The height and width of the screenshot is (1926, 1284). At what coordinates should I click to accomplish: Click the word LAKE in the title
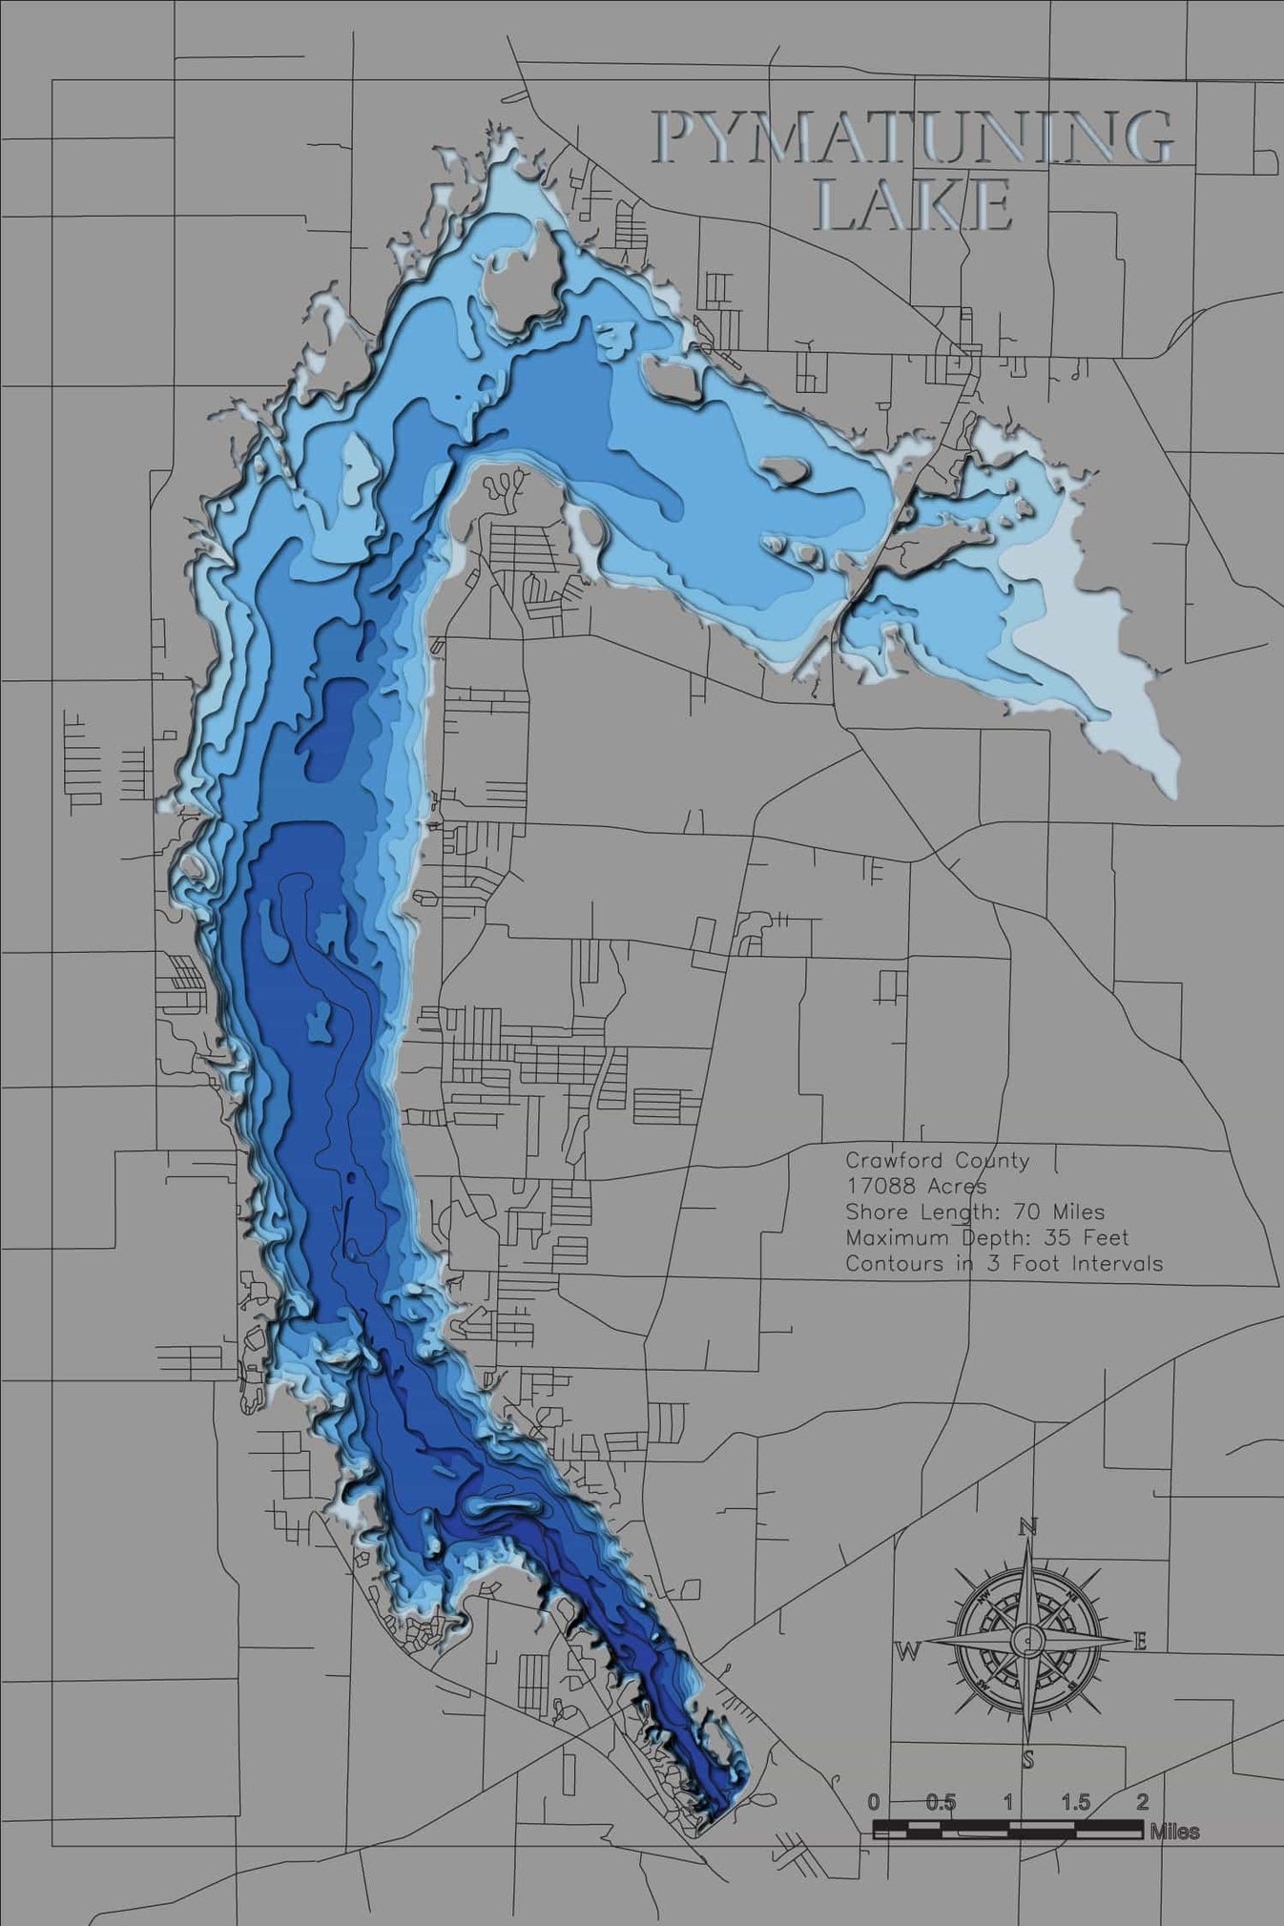(914, 204)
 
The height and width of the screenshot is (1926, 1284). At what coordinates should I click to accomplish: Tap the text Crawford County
(937, 1161)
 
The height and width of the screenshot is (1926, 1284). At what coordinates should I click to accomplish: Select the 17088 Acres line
(916, 1187)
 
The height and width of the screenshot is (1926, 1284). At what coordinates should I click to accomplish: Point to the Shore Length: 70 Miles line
(974, 1212)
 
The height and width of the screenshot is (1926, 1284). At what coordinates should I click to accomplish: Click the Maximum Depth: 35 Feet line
(986, 1238)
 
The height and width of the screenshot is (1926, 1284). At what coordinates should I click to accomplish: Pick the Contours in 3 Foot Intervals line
(1004, 1264)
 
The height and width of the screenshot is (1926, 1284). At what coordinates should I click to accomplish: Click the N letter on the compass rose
(1027, 1527)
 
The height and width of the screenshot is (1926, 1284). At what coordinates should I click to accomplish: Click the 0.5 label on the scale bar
(941, 1803)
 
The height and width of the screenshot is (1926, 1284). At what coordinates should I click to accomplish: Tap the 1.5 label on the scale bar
(1075, 1803)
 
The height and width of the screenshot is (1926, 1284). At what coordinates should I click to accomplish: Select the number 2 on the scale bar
(1142, 1803)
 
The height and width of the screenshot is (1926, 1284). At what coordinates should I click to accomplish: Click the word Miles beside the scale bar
(1174, 1832)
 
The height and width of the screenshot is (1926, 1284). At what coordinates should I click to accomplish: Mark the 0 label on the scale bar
(874, 1803)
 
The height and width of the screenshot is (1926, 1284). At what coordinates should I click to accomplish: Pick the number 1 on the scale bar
(1008, 1803)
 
